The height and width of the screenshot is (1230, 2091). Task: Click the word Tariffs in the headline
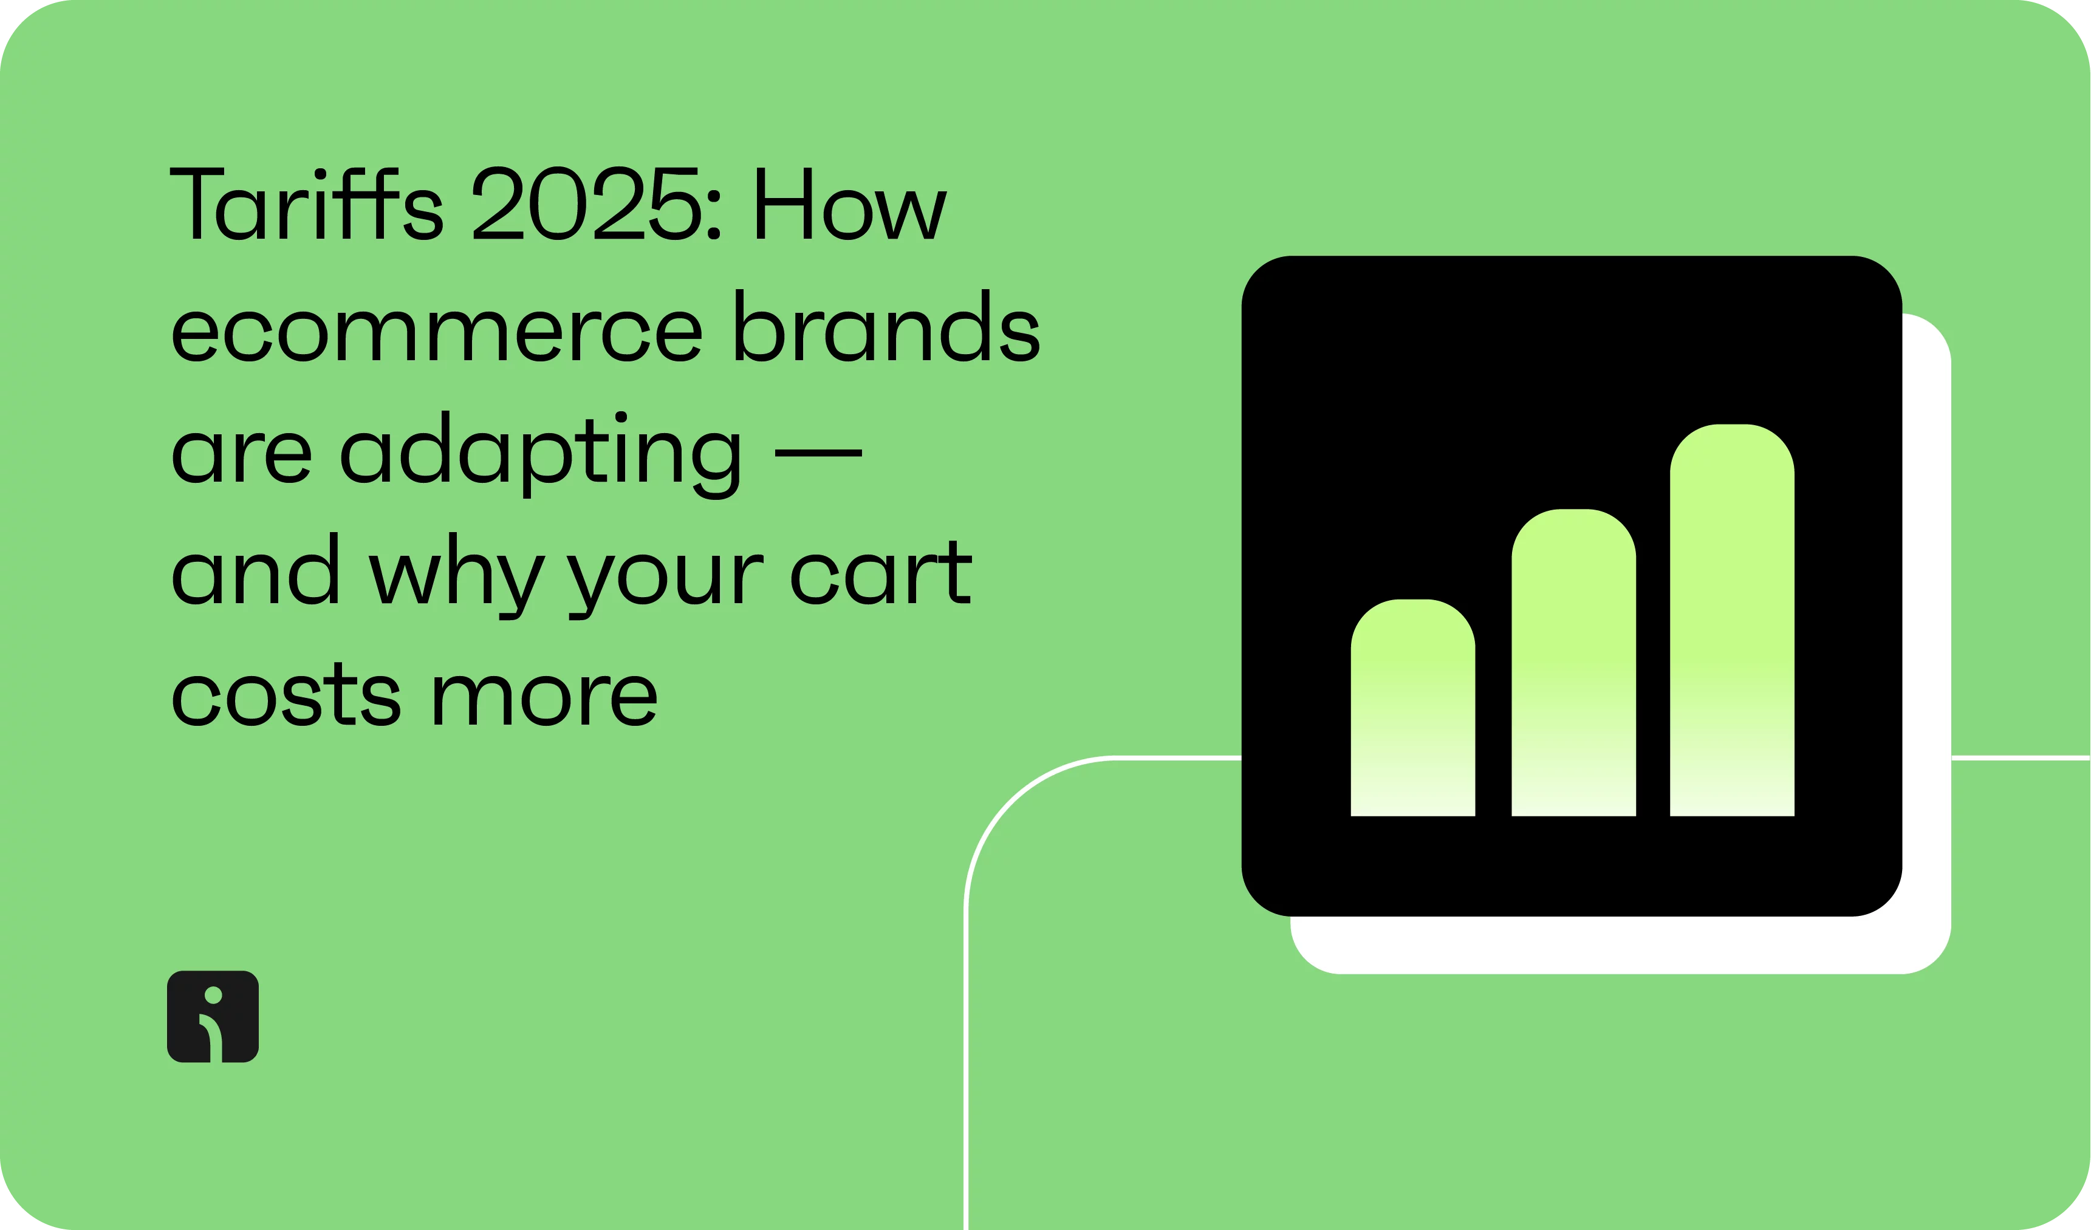pos(306,203)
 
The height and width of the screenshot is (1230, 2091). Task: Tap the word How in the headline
pos(851,204)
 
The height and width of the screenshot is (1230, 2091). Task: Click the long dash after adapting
pos(818,453)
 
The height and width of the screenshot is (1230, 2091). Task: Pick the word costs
pos(286,694)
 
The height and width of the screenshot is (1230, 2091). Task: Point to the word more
pos(545,701)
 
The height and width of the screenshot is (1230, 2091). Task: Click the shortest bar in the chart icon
pos(1413,708)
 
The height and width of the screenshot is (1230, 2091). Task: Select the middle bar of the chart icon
pos(1574,663)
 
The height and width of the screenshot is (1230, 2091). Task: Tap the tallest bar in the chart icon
pos(1733,620)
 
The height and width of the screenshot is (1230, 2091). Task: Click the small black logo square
pos(213,1017)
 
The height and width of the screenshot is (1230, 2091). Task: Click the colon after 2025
pos(714,216)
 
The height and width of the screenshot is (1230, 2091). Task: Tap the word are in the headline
pos(241,458)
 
